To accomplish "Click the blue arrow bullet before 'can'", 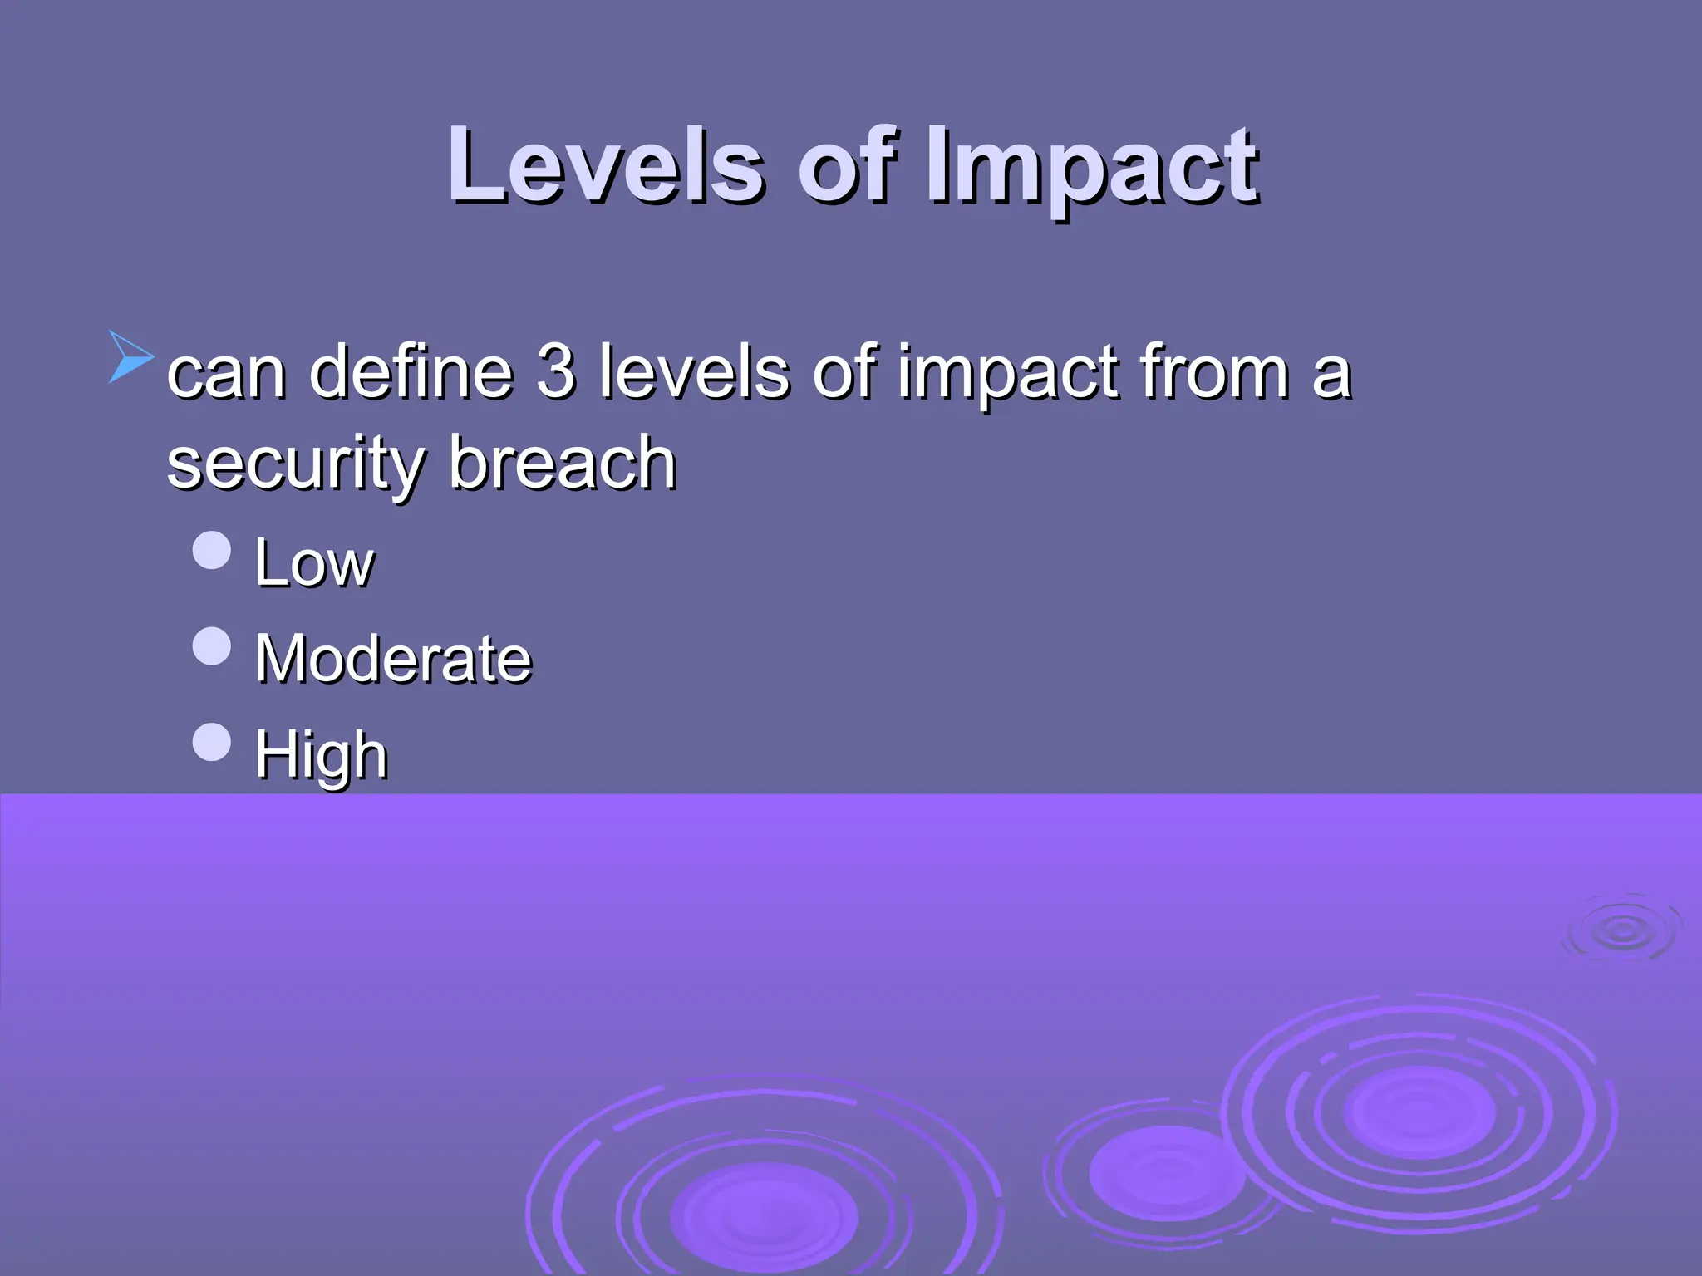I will tap(130, 357).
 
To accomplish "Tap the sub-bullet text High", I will tap(321, 756).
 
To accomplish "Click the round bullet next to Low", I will tap(211, 550).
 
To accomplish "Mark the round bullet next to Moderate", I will tap(211, 646).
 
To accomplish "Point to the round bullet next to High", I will tap(211, 742).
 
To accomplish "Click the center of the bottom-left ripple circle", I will tap(763, 1218).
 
